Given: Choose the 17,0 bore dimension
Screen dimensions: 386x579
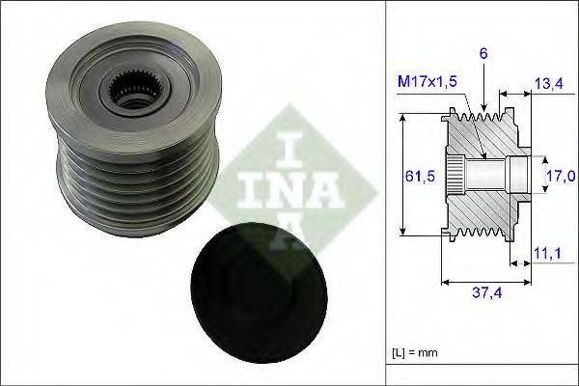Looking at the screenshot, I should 561,177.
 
